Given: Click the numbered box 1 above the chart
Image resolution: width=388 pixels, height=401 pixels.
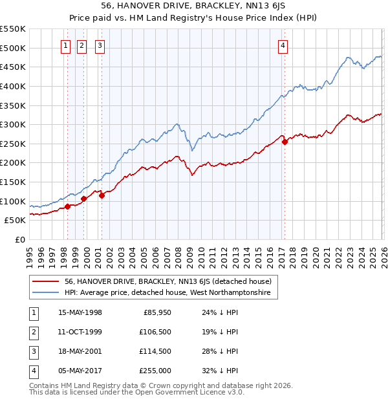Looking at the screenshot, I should [67, 45].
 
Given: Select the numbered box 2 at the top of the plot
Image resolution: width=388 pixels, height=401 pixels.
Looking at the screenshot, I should [83, 45].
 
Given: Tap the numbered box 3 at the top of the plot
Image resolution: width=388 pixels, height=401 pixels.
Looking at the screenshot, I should [101, 45].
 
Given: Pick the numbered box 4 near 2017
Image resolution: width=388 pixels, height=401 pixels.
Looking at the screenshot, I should [283, 45].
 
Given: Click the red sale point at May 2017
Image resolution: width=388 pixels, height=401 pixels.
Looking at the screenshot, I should [285, 142].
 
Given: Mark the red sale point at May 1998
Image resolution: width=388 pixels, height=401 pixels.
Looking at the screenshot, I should [67, 206].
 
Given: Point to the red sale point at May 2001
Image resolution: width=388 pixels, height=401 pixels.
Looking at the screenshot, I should [102, 195].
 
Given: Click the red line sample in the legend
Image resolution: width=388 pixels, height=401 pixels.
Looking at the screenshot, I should [46, 281].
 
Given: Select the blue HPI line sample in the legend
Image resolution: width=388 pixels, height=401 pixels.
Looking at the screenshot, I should [46, 293].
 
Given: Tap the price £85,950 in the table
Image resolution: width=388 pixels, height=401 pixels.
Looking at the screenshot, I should [156, 312].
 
